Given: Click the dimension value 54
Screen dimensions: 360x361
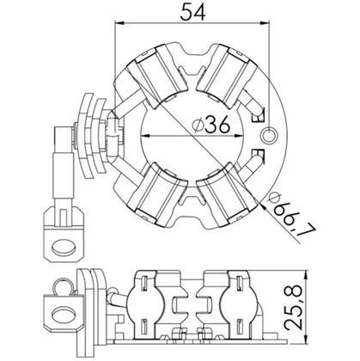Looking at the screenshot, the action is pyautogui.click(x=192, y=12).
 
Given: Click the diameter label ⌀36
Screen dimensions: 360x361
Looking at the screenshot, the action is pyautogui.click(x=211, y=125).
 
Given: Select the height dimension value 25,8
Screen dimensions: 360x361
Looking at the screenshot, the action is pyautogui.click(x=293, y=307).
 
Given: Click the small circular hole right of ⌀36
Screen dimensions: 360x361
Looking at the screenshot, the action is pyautogui.click(x=270, y=135).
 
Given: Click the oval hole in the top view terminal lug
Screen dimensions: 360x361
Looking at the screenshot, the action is pyautogui.click(x=64, y=247).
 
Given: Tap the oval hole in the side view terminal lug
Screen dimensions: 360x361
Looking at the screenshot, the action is pyautogui.click(x=64, y=315).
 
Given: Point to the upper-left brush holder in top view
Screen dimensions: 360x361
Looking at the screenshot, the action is pyautogui.click(x=156, y=76).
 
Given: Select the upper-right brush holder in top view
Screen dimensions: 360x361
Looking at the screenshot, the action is pyautogui.click(x=227, y=76).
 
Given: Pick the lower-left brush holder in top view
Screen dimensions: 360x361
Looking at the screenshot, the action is pyautogui.click(x=156, y=193).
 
